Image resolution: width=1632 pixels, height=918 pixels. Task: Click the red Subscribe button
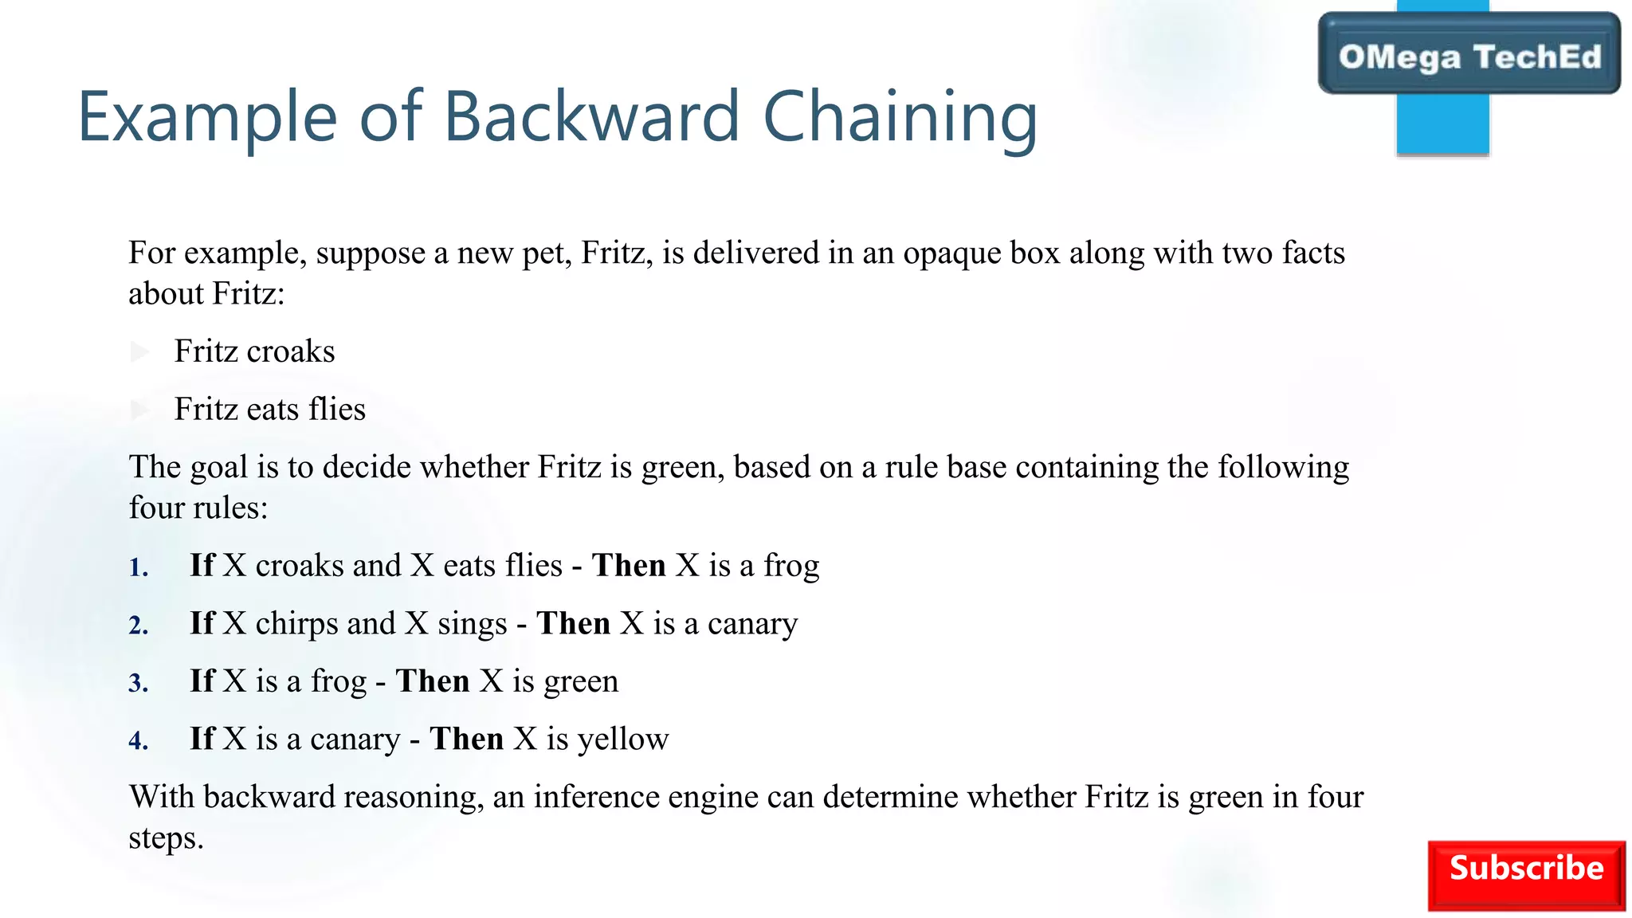[x=1526, y=875]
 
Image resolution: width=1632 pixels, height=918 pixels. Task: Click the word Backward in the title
[x=591, y=116]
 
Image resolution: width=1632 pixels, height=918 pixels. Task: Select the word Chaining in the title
[x=900, y=118]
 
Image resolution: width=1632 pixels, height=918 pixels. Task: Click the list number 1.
[x=139, y=568]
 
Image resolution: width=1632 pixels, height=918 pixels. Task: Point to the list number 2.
[x=139, y=626]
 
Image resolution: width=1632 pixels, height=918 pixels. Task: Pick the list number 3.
[x=139, y=684]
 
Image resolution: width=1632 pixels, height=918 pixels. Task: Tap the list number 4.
[x=139, y=742]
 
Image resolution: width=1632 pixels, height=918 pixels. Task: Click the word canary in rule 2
[x=752, y=624]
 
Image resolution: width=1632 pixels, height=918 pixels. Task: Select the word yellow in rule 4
[x=623, y=739]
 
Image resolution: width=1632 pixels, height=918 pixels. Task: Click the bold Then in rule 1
[x=629, y=566]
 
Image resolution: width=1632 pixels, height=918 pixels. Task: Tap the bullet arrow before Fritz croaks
[x=140, y=351]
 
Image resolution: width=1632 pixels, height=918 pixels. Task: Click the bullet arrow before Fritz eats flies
[x=140, y=410]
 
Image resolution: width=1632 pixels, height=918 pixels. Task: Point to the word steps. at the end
[x=166, y=838]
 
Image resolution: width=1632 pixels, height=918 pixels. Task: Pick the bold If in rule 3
[x=202, y=681]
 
